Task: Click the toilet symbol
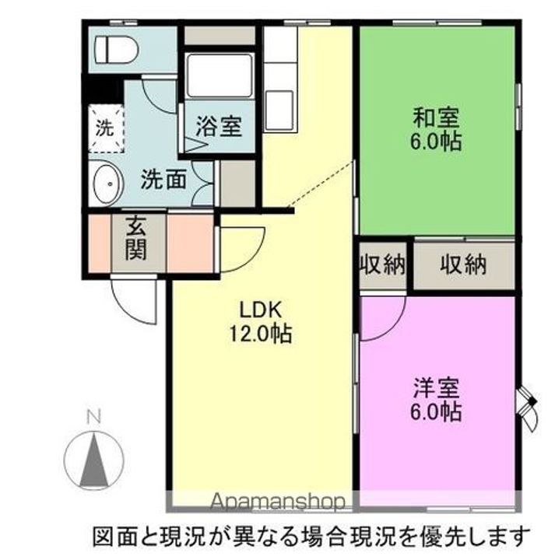coord(116,51)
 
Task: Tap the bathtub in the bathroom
coord(220,75)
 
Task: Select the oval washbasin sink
coord(107,184)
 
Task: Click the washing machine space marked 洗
coord(105,128)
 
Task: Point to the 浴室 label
coord(219,127)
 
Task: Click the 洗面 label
coord(163,179)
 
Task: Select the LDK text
coord(262,310)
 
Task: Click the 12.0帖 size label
coord(260,334)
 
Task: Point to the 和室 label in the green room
coord(436,117)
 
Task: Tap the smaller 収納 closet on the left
coord(383,264)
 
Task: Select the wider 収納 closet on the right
coord(463,264)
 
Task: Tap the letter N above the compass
coord(94,417)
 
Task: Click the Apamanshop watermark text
coord(278,502)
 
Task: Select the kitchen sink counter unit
coord(280,79)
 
